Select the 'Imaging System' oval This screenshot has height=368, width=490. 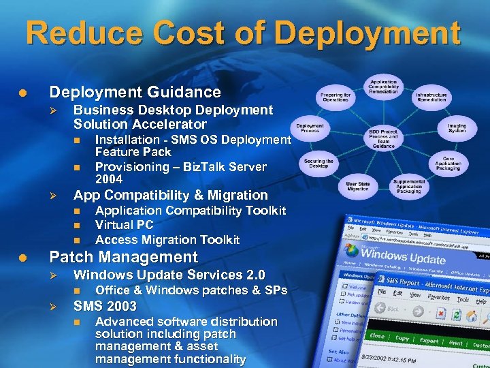[457, 127]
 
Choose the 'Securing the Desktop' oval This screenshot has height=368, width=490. [319, 164]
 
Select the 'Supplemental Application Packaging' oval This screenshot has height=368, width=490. [408, 187]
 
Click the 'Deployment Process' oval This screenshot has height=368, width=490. [310, 127]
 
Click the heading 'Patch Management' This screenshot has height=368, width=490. [124, 258]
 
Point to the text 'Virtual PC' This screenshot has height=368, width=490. [125, 225]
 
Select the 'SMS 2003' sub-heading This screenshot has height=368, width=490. [105, 306]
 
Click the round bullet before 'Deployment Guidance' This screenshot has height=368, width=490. [22, 92]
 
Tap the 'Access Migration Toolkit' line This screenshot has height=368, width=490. [167, 240]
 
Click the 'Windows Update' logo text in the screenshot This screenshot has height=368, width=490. [408, 258]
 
